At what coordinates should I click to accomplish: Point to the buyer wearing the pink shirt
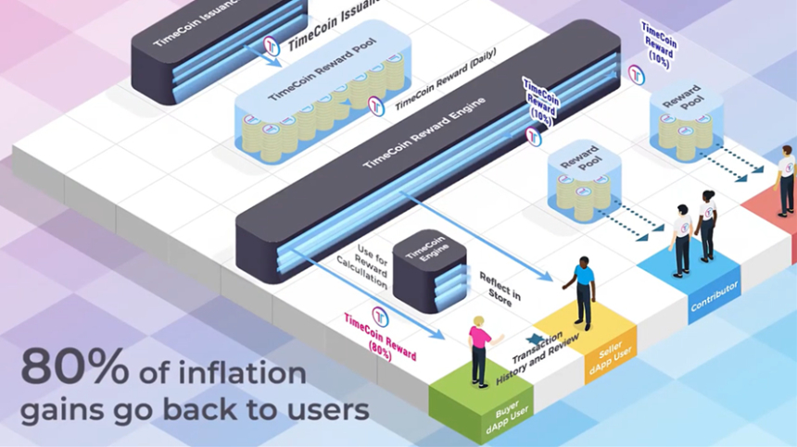pos(479,349)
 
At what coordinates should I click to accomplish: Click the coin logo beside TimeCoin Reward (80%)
pos(380,315)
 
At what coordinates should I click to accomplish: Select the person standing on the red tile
pos(786,180)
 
